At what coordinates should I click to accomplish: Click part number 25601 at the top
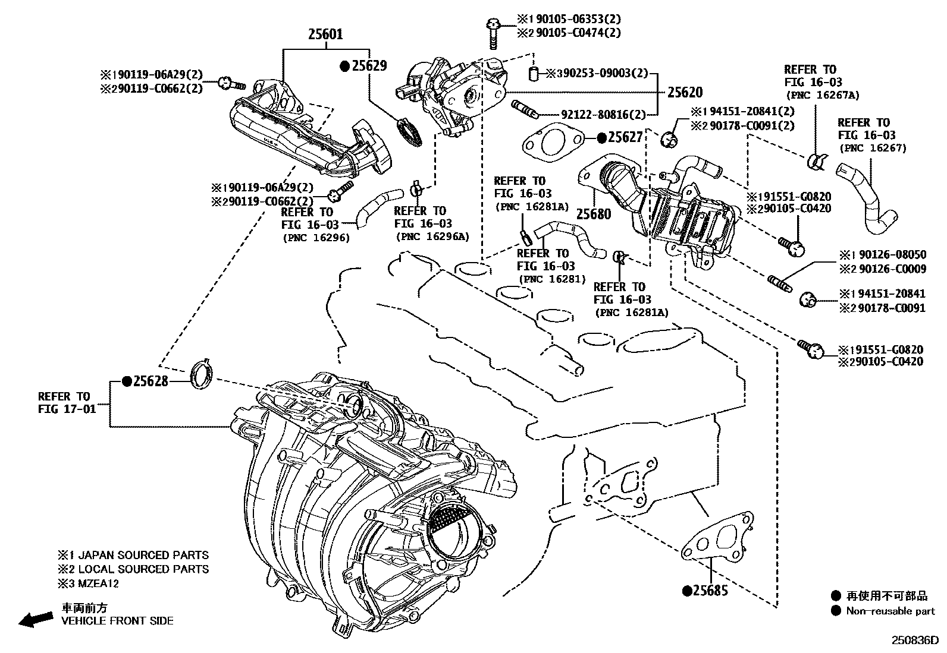coord(325,34)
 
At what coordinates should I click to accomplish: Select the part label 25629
coord(369,66)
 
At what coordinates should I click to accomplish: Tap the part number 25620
coord(684,92)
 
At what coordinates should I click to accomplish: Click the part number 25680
coord(594,214)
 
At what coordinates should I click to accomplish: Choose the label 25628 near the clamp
coord(150,381)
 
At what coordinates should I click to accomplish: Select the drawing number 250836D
coord(914,641)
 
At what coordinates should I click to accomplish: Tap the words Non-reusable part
coord(890,611)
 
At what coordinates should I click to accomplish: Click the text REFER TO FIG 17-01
coord(65,403)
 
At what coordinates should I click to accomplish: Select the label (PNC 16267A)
coord(822,95)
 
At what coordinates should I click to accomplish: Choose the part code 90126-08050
coord(889,255)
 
